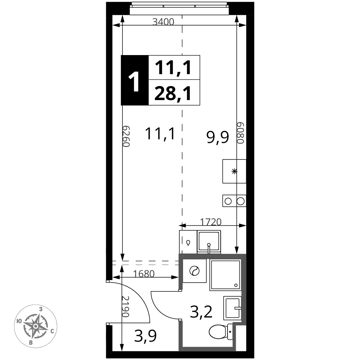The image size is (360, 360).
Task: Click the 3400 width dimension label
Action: [x=163, y=22]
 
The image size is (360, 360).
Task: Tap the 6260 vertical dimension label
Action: [x=126, y=136]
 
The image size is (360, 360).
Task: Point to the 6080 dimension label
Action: [x=240, y=133]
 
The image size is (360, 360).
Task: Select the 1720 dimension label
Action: [x=211, y=222]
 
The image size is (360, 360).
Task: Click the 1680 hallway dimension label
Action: [x=144, y=274]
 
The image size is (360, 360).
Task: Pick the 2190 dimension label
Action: [x=125, y=306]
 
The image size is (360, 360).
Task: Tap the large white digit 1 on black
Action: [x=134, y=82]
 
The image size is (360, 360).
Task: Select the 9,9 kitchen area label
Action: [x=218, y=138]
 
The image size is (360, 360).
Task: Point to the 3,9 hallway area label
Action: [x=145, y=336]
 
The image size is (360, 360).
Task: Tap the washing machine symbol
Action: [x=194, y=271]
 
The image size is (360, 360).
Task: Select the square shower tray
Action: [x=225, y=275]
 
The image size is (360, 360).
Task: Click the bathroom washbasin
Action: [x=232, y=308]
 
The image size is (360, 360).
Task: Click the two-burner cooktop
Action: [x=234, y=201]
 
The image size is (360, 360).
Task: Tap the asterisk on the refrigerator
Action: [x=234, y=171]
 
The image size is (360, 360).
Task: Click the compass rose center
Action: [x=36, y=326]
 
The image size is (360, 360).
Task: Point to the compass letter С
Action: [x=52, y=331]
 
